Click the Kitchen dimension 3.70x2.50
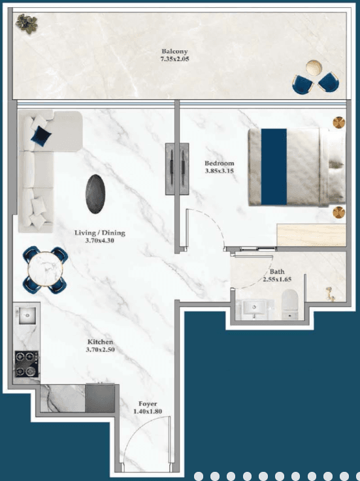[101, 350]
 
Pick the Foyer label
[146, 404]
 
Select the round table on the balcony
[315, 69]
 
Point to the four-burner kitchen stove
[26, 363]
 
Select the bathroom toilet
[290, 306]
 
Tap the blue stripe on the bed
[274, 165]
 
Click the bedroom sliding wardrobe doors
[172, 167]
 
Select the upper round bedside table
[338, 122]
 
